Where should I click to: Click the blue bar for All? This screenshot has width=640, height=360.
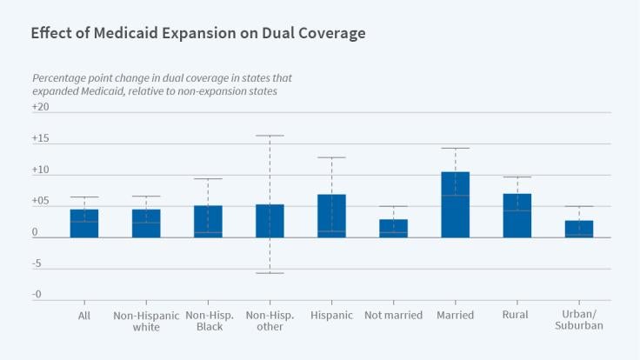84,223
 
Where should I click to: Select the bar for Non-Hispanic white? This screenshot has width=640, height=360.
146,223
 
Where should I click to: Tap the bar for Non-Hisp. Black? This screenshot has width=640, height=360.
208,222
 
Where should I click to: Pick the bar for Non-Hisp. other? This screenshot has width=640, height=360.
270,221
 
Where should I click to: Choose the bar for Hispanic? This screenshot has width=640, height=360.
331,216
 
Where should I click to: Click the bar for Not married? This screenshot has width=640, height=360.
393,229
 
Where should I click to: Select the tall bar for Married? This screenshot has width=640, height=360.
455,204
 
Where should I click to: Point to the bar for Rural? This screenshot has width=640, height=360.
517,216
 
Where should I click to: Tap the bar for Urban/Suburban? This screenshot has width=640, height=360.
579,229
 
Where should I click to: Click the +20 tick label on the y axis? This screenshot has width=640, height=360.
41,107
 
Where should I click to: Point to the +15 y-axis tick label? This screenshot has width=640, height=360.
41,139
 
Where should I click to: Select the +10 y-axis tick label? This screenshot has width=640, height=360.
41,170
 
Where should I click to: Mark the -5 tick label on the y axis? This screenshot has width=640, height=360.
37,264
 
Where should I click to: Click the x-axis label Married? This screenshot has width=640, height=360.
455,315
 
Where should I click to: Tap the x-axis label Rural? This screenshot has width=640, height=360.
517,315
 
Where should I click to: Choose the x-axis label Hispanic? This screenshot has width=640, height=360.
331,315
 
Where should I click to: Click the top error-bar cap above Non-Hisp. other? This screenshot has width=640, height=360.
270,136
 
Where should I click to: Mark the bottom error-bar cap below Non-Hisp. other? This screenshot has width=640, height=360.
270,273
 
